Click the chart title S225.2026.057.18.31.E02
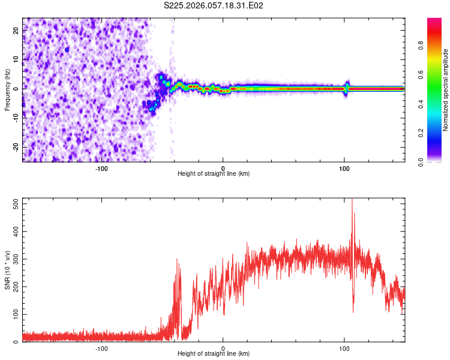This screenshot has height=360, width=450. point(214,5)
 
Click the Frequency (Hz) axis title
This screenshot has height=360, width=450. point(7,89)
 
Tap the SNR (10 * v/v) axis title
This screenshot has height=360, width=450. point(7,270)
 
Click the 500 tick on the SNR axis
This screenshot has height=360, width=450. point(14,203)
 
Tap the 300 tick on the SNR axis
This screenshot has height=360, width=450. point(14,259)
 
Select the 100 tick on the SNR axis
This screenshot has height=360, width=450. point(14,314)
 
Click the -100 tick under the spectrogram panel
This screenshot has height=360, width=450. point(101,168)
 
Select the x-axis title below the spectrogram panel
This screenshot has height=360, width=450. point(214,174)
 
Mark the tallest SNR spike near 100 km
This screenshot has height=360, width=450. point(352,201)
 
